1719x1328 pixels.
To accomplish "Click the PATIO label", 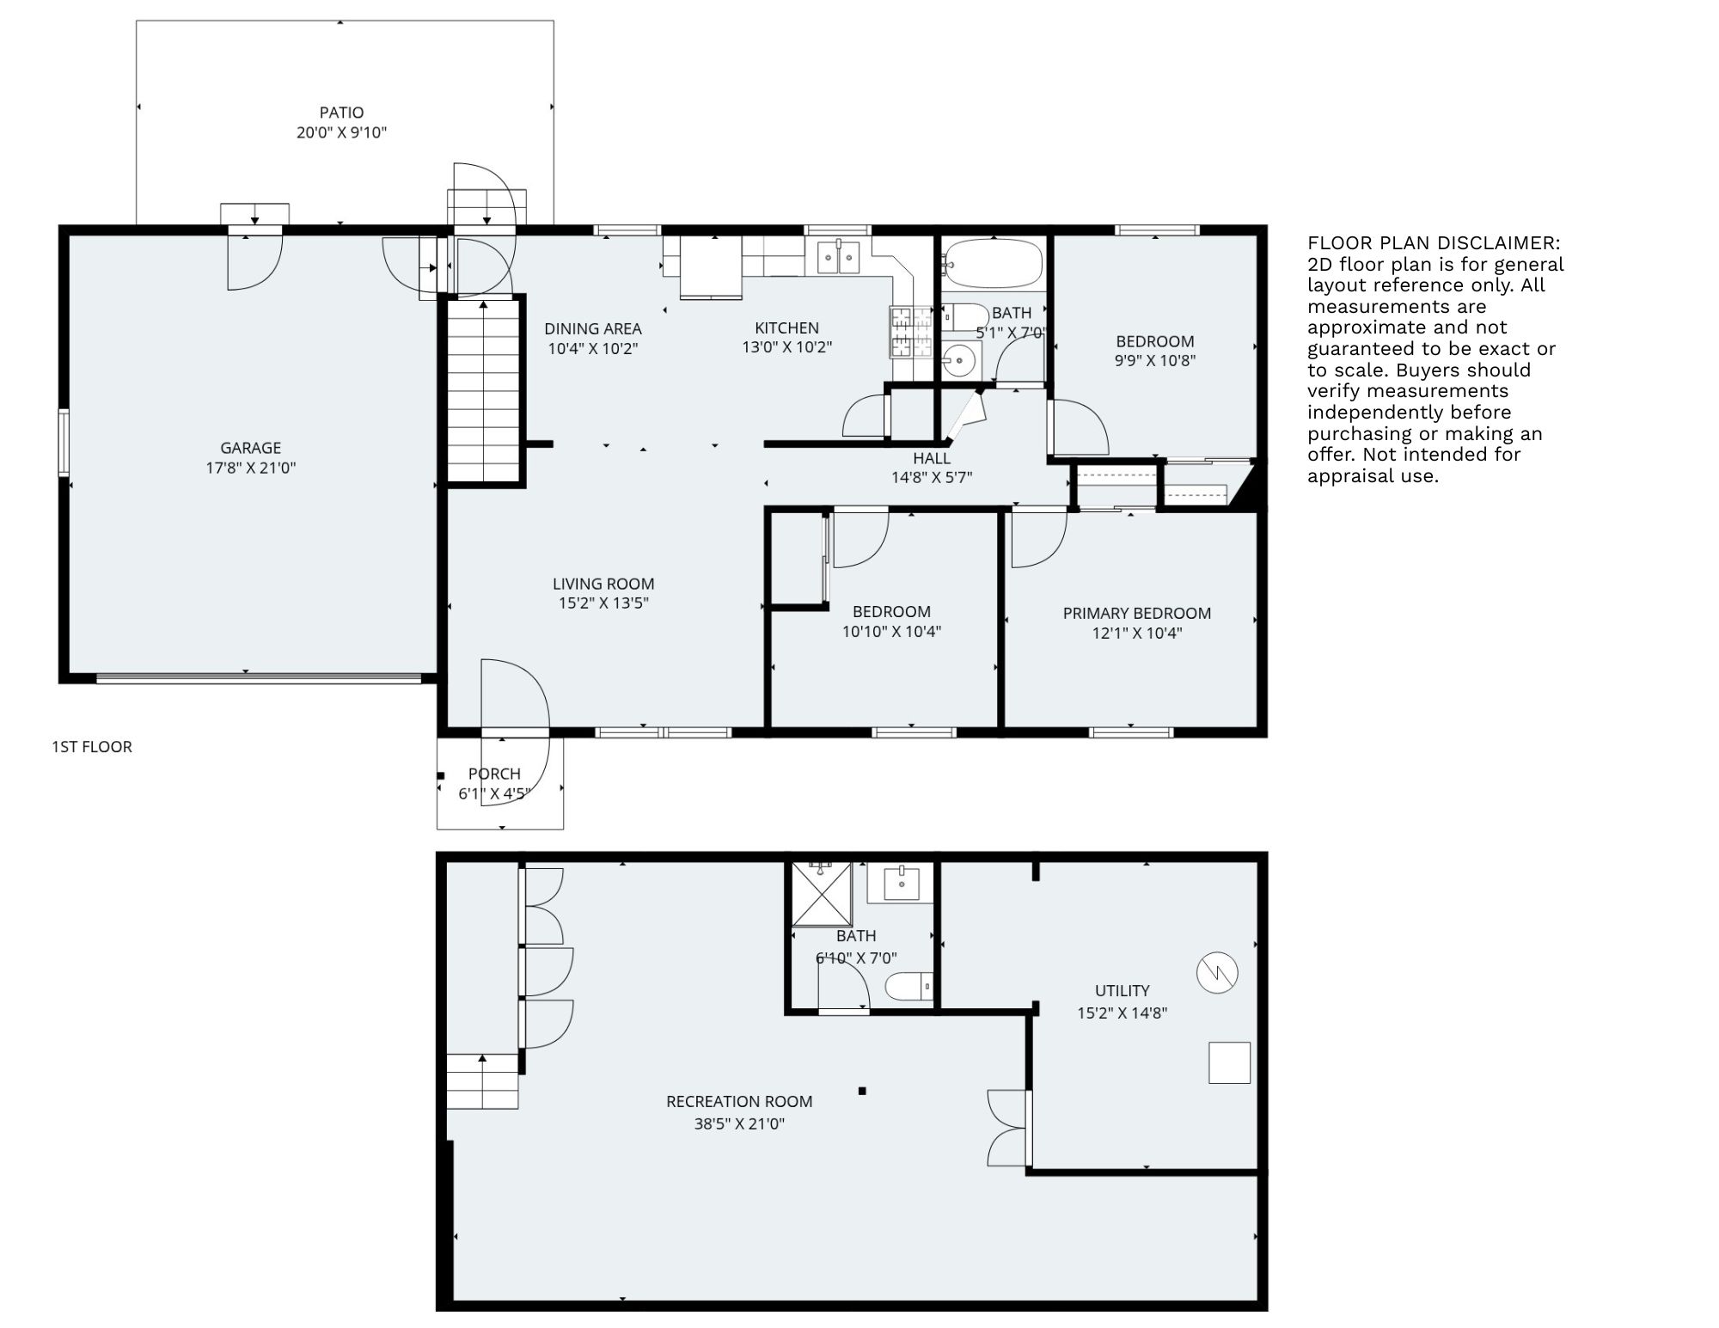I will (341, 113).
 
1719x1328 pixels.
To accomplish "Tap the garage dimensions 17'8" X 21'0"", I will (250, 468).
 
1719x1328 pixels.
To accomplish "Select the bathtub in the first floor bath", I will (994, 263).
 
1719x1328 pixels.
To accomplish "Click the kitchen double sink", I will (838, 257).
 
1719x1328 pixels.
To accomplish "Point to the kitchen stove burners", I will (901, 332).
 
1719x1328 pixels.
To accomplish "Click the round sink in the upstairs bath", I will (960, 360).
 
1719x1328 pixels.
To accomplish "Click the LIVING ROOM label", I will (603, 584).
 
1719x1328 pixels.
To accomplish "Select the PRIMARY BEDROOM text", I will (1136, 613).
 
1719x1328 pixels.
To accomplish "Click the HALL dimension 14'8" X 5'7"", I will (931, 478).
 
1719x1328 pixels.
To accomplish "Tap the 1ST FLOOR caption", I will (92, 747).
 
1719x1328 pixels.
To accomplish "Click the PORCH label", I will (494, 774).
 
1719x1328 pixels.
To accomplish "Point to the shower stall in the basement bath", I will (821, 894).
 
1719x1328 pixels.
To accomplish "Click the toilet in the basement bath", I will (908, 986).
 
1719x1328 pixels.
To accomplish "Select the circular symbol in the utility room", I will (1217, 972).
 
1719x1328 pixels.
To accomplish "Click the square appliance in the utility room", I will (1229, 1062).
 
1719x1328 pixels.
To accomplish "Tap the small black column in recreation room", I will (862, 1091).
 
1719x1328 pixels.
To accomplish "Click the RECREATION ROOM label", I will (739, 1101).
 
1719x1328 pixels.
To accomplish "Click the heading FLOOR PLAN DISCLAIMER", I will (1434, 243).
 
